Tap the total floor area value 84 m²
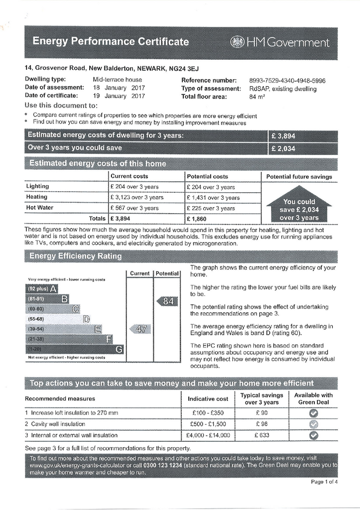[x=257, y=97]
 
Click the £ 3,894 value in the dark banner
[x=283, y=135]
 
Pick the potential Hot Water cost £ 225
[x=210, y=208]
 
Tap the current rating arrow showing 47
[x=140, y=329]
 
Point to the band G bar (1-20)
[x=74, y=349]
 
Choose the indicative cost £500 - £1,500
[x=209, y=424]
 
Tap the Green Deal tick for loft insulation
[x=313, y=413]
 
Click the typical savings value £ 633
[x=261, y=435]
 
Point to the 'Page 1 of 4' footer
[x=324, y=482]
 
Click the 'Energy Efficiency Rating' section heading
[x=76, y=256]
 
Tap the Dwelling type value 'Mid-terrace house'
[x=118, y=80]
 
